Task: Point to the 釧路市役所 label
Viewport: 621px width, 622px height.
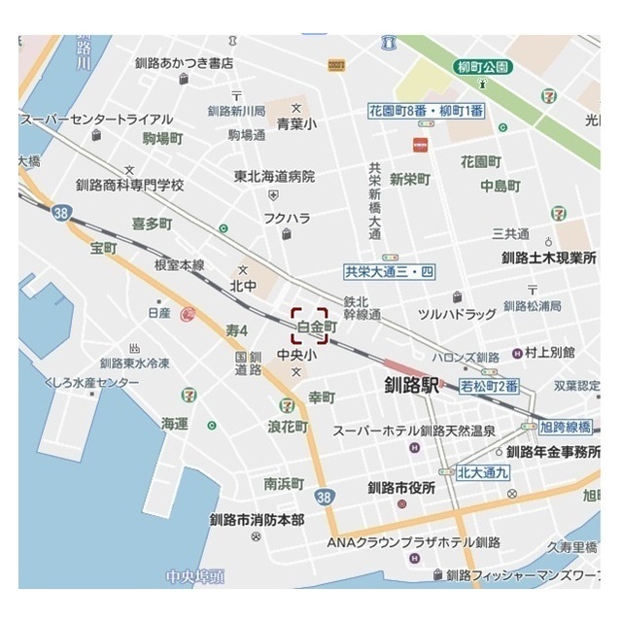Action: point(401,488)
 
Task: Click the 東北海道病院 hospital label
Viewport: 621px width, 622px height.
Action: point(275,177)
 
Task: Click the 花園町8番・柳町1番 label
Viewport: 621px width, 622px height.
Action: point(426,111)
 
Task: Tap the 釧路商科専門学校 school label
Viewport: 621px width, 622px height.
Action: point(129,185)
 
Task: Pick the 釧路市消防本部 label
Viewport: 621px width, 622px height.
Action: point(257,519)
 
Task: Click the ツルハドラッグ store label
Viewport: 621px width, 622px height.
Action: point(457,314)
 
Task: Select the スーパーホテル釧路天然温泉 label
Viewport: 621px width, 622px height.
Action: point(414,430)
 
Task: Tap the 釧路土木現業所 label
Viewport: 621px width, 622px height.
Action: point(549,258)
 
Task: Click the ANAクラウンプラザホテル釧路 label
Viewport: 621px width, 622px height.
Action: point(413,541)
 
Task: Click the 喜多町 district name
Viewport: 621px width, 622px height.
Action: point(152,224)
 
